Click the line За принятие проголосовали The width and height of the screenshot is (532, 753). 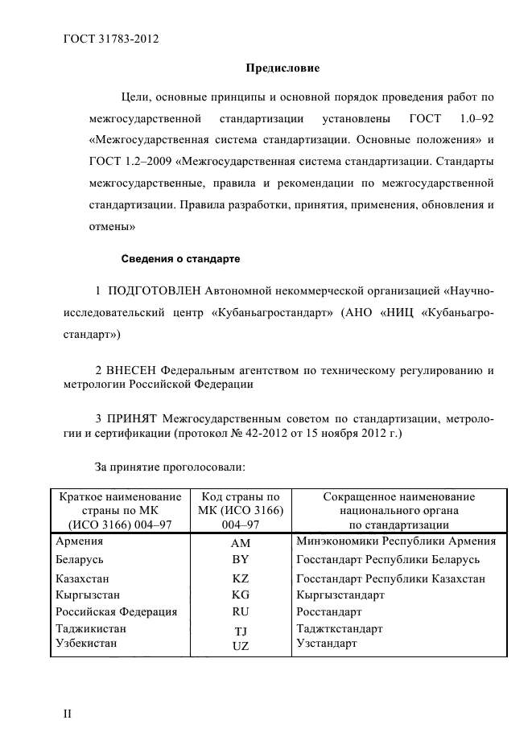tap(170, 466)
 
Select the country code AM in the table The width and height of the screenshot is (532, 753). tap(240, 544)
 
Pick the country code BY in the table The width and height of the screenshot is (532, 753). tap(240, 560)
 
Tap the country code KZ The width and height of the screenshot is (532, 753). tap(240, 579)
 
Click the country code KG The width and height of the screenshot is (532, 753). tap(240, 595)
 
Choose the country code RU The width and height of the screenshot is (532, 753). tap(240, 611)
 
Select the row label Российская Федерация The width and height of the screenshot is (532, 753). tap(115, 611)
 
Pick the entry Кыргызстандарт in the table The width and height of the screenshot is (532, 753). tap(340, 595)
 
